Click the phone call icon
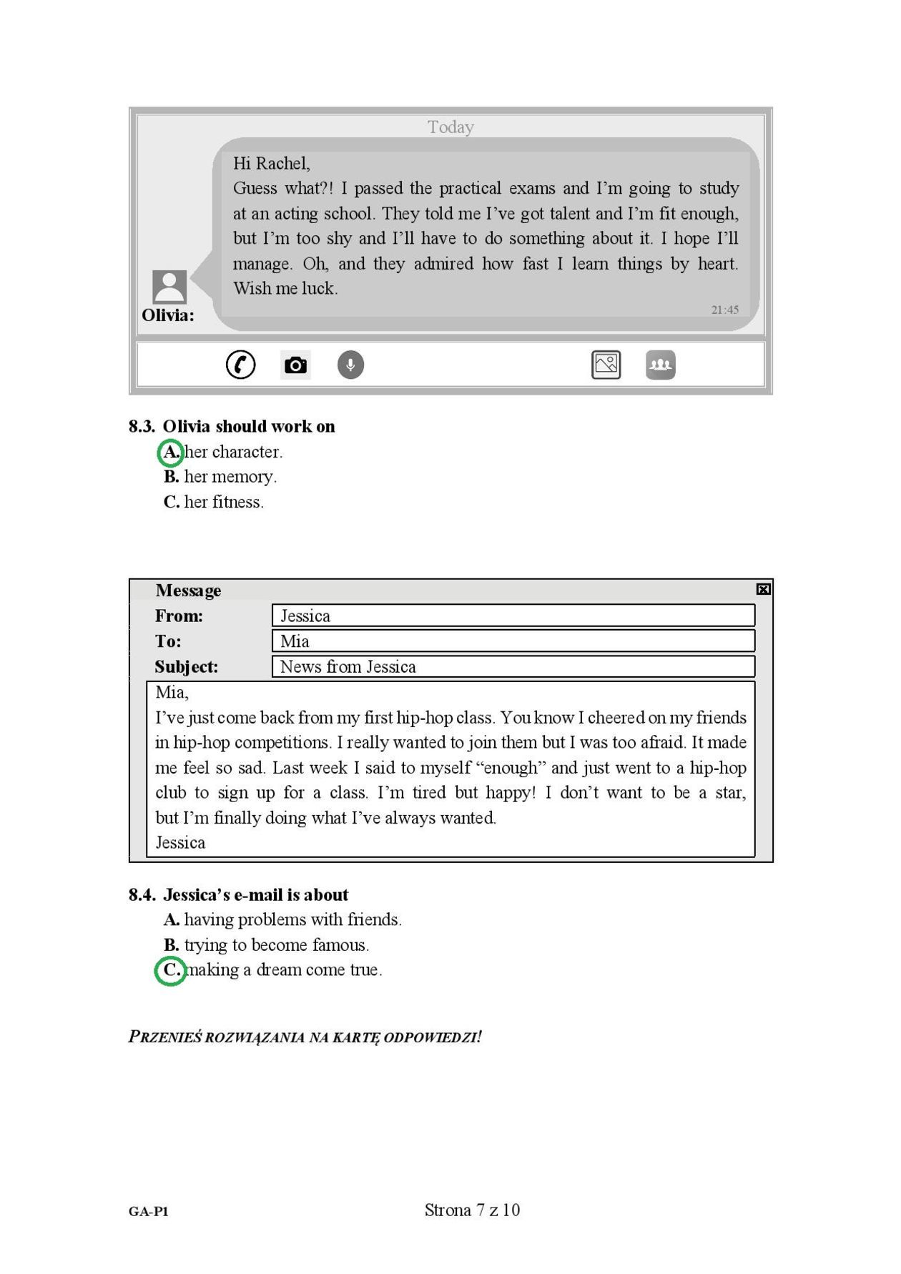pos(240,365)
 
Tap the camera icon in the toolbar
pos(295,365)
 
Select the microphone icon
pos(350,365)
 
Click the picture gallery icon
pos(606,365)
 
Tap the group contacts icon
pos(660,365)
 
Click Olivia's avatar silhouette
pos(169,287)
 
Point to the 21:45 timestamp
pos(724,310)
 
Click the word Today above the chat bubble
pos(450,127)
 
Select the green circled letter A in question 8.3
pos(171,452)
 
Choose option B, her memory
pos(220,477)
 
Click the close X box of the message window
pos(763,589)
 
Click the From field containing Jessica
pos(513,616)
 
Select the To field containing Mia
pos(513,641)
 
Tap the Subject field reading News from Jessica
pos(513,666)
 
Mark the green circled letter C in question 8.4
pos(171,970)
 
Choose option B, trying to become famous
pos(266,945)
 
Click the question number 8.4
pos(142,895)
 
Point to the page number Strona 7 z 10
pos(472,1210)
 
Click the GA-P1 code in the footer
pos(149,1211)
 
